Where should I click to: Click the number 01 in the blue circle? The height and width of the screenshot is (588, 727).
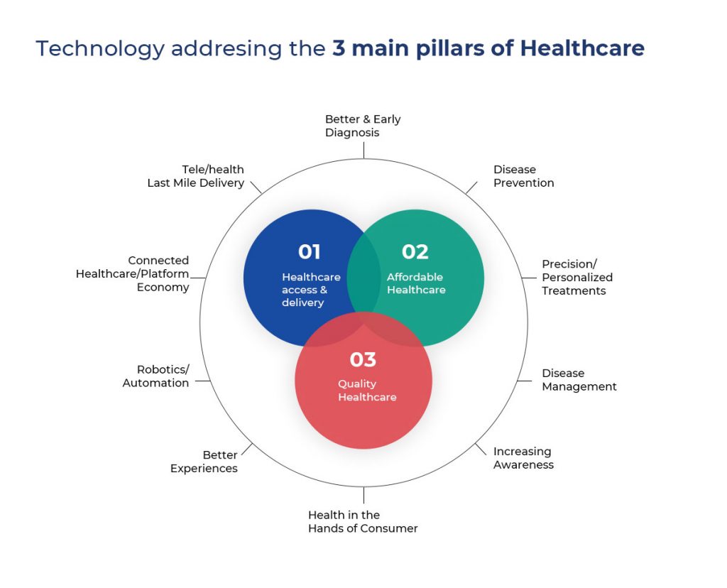[x=310, y=252]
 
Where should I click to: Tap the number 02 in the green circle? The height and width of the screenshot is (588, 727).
[x=415, y=252]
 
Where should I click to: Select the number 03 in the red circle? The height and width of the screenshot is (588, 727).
[x=363, y=359]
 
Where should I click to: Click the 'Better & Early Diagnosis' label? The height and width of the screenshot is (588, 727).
[x=363, y=126]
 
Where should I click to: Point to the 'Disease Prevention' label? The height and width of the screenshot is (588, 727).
[x=523, y=176]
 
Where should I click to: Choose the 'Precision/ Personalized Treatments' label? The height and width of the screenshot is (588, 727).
[x=577, y=277]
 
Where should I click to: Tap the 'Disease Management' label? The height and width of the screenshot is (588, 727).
[x=579, y=380]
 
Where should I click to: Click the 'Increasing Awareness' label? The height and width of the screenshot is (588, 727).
[x=523, y=458]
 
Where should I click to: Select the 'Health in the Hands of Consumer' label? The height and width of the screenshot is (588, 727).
[x=363, y=522]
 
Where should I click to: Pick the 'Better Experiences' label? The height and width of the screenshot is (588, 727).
[x=204, y=462]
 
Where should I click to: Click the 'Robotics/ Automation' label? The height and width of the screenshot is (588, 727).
[x=155, y=376]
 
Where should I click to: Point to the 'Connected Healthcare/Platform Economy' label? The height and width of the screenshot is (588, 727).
[x=133, y=273]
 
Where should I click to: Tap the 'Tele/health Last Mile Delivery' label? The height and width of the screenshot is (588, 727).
[x=196, y=176]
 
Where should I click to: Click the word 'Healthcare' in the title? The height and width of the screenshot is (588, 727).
[x=582, y=48]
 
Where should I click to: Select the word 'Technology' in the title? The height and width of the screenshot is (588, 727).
[x=100, y=49]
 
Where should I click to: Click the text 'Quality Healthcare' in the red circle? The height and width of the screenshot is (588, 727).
[x=367, y=391]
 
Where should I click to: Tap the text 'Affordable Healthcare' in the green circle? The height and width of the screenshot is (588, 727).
[x=416, y=283]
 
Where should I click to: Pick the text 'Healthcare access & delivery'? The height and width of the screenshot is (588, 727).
[x=311, y=290]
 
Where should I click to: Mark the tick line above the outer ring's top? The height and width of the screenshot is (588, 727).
[x=363, y=151]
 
